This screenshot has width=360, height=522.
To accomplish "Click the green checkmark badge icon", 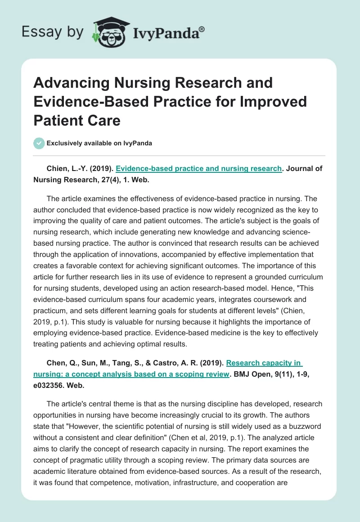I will click(x=39, y=143).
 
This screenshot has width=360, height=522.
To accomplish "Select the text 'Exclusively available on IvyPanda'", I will click(x=99, y=143).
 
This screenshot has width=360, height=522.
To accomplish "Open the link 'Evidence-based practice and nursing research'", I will click(x=198, y=169).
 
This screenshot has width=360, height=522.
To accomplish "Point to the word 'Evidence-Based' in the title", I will click(x=84, y=102).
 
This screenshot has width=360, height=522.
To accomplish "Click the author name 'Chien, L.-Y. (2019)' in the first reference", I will click(x=79, y=169).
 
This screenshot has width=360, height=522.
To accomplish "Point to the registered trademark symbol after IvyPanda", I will click(x=202, y=28).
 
